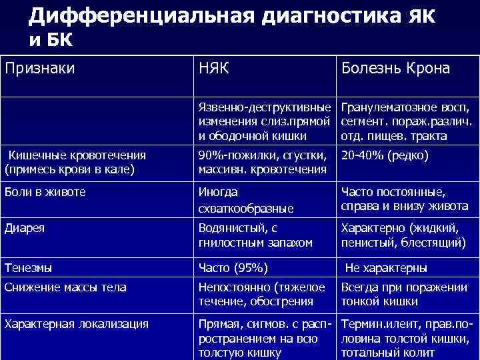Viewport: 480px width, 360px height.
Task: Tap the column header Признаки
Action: pos(39,69)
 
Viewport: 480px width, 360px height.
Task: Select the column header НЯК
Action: pos(215,69)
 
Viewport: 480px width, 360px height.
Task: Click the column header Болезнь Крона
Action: pos(395,69)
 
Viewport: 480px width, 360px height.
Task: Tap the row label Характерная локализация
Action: pos(76,325)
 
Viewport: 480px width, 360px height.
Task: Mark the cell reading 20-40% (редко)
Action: pos(385,155)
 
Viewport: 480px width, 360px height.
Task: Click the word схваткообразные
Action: pos(247,208)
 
